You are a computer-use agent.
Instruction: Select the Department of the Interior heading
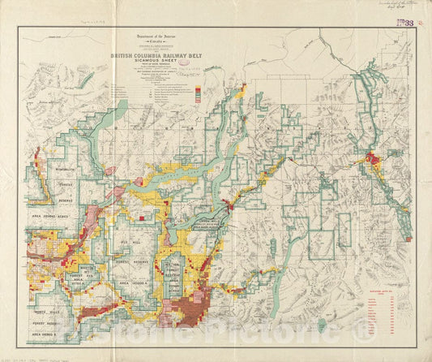pyautogui.click(x=146, y=37)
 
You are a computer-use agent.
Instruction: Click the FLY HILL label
pyautogui.click(x=130, y=243)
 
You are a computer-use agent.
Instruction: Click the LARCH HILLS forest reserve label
pyautogui.click(x=213, y=228)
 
